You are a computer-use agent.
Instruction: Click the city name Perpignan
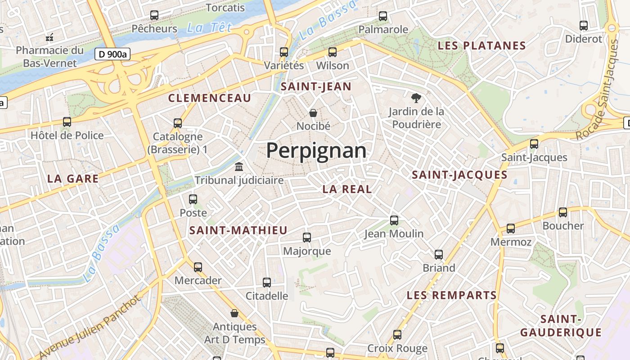316,151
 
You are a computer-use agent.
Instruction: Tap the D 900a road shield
112,54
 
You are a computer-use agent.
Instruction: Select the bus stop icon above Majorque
307,238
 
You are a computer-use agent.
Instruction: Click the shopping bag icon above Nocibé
313,113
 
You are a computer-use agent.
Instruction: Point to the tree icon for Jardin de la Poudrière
416,98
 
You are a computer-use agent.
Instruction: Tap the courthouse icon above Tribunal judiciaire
239,167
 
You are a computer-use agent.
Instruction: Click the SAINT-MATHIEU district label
238,230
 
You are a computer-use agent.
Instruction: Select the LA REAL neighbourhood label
347,189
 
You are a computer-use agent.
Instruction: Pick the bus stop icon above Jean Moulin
394,220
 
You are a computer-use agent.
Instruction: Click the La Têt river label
209,28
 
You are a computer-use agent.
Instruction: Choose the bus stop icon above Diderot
584,26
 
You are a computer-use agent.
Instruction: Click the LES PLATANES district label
481,45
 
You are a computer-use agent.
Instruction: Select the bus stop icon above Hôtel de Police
67,122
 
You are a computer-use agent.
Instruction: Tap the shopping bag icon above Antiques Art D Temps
234,313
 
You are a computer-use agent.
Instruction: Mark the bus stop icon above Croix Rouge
397,335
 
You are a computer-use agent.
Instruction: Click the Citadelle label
266,296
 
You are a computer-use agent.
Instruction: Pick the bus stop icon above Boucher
562,212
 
